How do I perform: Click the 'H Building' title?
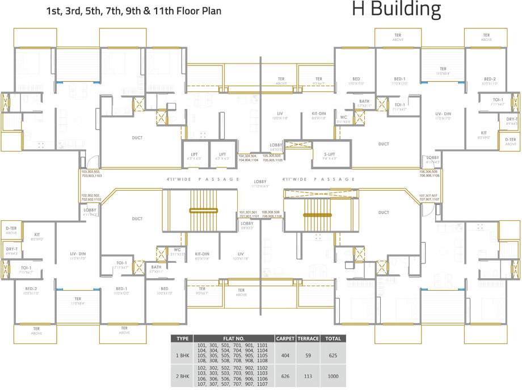tap(396, 10)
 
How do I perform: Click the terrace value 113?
tap(308, 376)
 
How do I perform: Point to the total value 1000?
tap(332, 376)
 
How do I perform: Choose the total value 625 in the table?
tap(332, 355)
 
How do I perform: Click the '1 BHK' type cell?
tap(182, 355)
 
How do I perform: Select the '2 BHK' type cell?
tap(182, 376)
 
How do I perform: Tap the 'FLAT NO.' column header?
tap(234, 338)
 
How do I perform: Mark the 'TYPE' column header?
tap(182, 338)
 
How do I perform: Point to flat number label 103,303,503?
tap(91, 171)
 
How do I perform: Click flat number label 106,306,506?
tap(430, 171)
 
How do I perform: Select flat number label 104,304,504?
tap(248, 156)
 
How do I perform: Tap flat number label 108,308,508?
tap(272, 212)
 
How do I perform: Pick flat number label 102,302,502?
tap(91, 195)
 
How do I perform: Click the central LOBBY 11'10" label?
tap(260, 183)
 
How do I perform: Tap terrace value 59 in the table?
tap(308, 355)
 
